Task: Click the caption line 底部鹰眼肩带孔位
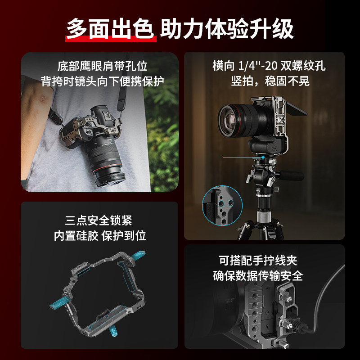[x=103, y=67]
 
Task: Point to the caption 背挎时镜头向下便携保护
[x=103, y=81]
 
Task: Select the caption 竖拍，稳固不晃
[x=269, y=81]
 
